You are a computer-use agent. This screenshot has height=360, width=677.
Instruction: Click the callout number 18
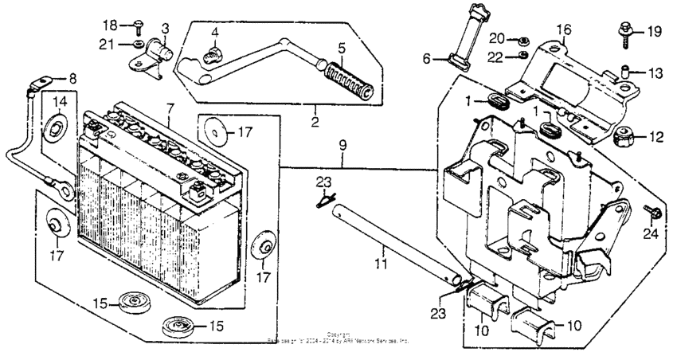[112, 25]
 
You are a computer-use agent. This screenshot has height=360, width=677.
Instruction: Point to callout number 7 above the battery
[170, 107]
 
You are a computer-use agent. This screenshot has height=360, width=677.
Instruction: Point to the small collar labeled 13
[627, 72]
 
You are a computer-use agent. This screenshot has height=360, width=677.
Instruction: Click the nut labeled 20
[521, 39]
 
